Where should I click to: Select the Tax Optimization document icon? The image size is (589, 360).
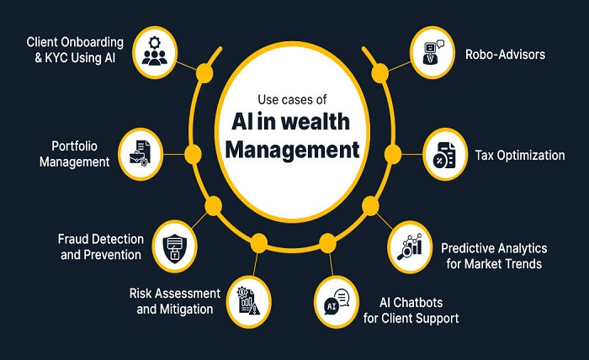coord(445,155)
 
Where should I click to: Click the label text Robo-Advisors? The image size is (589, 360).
coord(506,55)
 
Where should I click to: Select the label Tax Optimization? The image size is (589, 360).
coord(519,156)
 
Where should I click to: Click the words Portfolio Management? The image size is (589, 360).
coord(75,153)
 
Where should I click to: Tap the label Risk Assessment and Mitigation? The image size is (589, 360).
coord(175,301)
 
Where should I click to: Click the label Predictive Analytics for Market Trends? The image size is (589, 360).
coord(494,256)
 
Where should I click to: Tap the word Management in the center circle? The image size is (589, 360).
coord(294,151)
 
